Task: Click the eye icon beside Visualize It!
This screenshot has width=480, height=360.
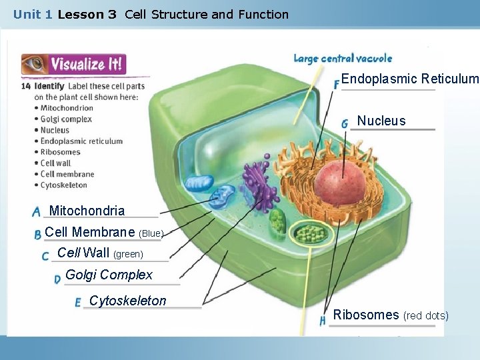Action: click(x=34, y=64)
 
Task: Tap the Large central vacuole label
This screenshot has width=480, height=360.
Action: click(x=343, y=59)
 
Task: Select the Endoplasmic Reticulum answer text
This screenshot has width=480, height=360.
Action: click(x=409, y=79)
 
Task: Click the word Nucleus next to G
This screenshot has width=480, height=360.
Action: click(x=381, y=121)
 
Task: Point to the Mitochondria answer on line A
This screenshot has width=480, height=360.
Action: click(x=87, y=211)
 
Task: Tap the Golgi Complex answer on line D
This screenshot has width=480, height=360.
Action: click(x=109, y=275)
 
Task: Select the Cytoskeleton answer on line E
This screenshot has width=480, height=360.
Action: click(x=127, y=301)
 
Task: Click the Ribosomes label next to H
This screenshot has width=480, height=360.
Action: click(x=365, y=315)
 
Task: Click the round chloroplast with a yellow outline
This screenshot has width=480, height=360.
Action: click(x=308, y=233)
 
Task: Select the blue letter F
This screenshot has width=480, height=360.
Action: click(x=337, y=83)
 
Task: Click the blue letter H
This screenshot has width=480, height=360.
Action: click(x=323, y=321)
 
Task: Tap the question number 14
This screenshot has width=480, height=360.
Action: click(x=26, y=86)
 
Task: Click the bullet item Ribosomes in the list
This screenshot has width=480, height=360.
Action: click(x=60, y=152)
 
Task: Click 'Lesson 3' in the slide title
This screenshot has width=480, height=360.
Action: click(x=87, y=14)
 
